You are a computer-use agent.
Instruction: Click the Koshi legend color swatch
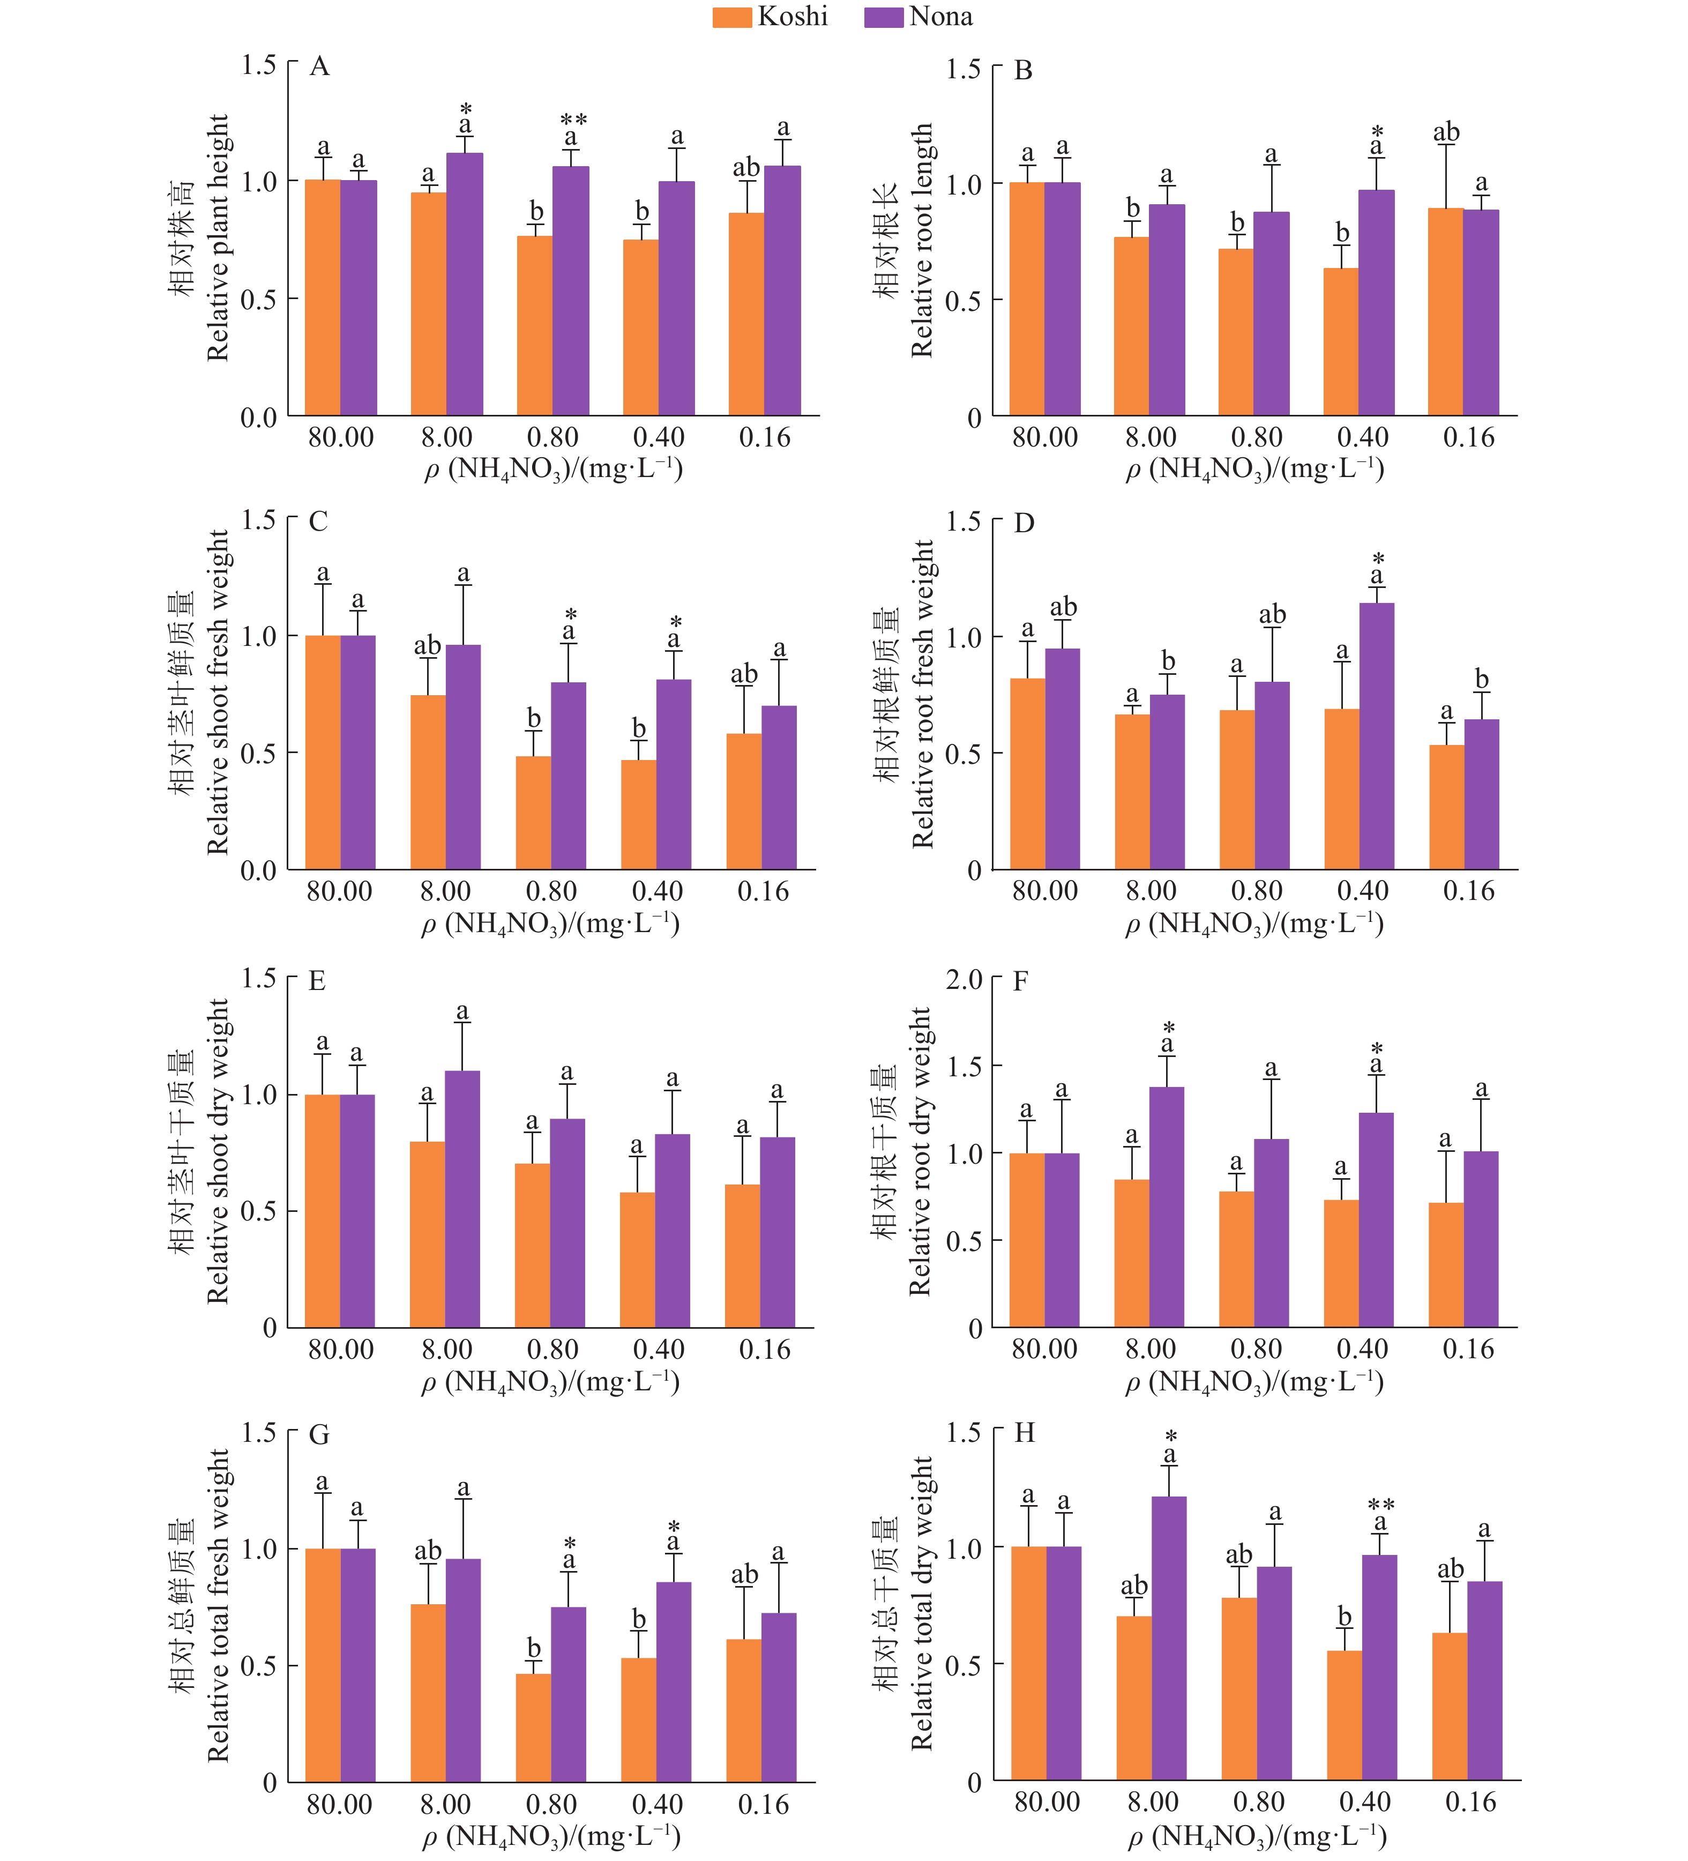click(732, 17)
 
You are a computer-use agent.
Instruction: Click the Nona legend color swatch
click(883, 17)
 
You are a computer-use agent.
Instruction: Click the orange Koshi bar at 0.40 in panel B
click(1341, 341)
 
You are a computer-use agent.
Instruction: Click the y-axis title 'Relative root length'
click(922, 240)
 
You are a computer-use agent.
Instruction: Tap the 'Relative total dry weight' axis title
click(922, 1604)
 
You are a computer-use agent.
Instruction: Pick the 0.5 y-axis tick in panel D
click(962, 754)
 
